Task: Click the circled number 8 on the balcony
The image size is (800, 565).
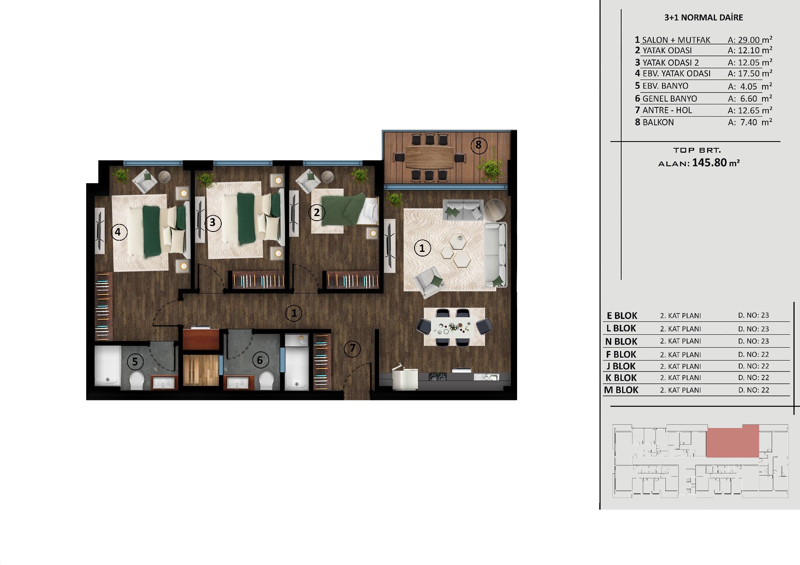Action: [x=478, y=145]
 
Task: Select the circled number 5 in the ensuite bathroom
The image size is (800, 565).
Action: [x=135, y=361]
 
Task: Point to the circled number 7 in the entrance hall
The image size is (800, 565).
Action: [x=352, y=348]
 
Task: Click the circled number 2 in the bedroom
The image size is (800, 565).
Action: [x=317, y=213]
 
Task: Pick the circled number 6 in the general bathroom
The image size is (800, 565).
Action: [x=260, y=360]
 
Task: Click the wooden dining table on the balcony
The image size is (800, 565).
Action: [x=429, y=157]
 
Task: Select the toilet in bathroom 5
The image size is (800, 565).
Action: [x=136, y=380]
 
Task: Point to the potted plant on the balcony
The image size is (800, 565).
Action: [x=491, y=166]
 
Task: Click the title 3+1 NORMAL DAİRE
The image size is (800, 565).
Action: [x=703, y=17]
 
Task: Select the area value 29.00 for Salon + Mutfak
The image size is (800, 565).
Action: [x=749, y=40]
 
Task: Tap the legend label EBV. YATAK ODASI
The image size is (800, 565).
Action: [x=676, y=74]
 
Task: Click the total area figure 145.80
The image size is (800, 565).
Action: [x=709, y=162]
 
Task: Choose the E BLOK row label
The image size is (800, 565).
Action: [x=622, y=316]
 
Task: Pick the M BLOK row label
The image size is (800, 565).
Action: [x=621, y=390]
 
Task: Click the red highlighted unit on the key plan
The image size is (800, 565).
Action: [x=732, y=441]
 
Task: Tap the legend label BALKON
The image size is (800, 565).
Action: [x=658, y=122]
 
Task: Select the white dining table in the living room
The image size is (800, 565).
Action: [x=454, y=326]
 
